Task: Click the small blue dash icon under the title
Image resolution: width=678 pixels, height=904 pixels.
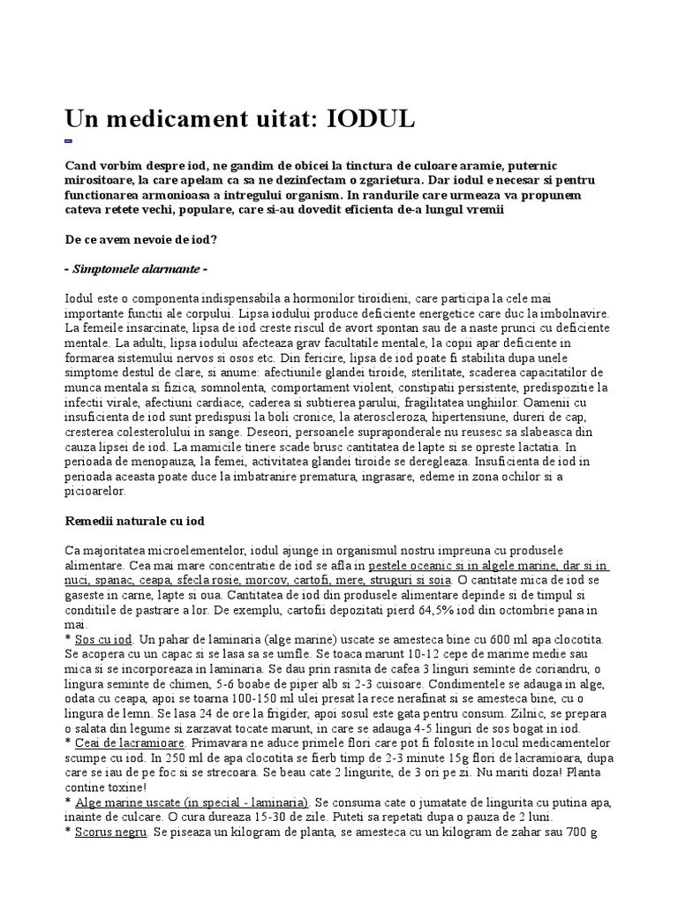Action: (x=69, y=141)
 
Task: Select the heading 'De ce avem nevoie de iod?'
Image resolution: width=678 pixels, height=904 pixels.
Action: (x=143, y=239)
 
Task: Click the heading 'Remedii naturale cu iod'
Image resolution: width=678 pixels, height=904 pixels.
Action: (x=136, y=521)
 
